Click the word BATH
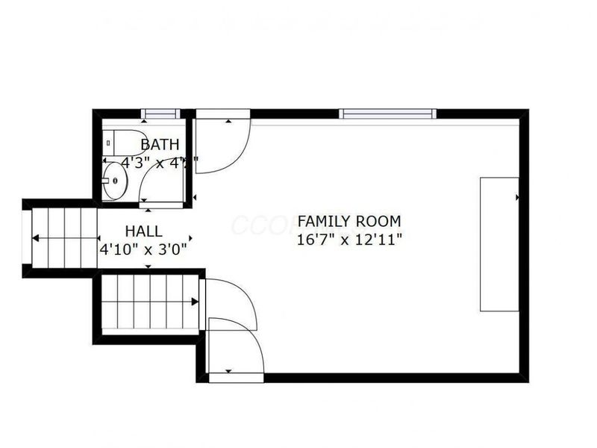pos(160,144)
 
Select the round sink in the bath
pos(115,181)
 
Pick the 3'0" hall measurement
pos(171,248)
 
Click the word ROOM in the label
pos(378,222)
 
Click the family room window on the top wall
pos(387,114)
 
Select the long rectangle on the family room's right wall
pos(498,243)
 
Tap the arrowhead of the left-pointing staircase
pos(35,239)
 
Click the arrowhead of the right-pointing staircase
pos(195,302)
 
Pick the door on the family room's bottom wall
pos(236,351)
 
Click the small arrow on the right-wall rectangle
pos(516,197)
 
